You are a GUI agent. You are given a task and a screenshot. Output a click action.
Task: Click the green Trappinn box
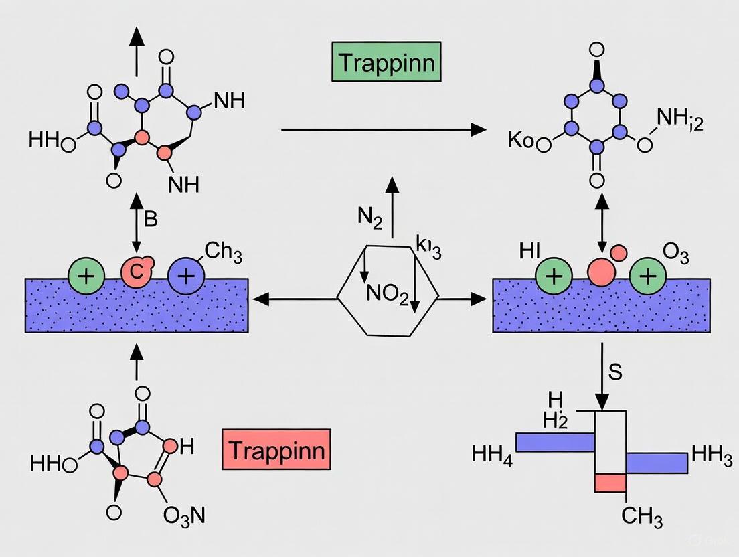pos(386,63)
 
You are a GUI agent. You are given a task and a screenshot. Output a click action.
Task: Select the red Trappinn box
pos(276,449)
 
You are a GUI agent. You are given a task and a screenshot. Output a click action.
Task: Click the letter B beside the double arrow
pos(151,219)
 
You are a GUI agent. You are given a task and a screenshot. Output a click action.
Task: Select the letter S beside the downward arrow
pos(615,372)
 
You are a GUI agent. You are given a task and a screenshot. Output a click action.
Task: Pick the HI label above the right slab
pos(529,252)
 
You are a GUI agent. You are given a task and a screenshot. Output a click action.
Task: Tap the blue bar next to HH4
pos(555,442)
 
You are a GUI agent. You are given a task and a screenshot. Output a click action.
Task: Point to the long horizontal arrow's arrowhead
pos(477,129)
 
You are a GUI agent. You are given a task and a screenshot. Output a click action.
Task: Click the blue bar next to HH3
pos(656,463)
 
